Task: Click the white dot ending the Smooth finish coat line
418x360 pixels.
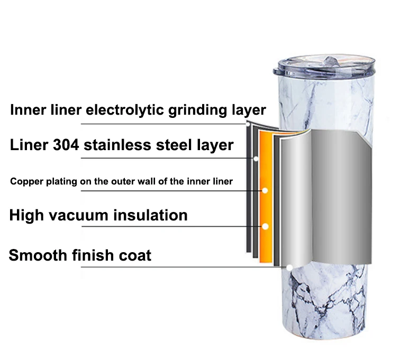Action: click(289, 268)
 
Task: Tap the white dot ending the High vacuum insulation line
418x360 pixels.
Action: click(265, 226)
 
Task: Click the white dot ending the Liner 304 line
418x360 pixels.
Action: click(256, 158)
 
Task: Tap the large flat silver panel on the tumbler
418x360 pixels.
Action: click(333, 196)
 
